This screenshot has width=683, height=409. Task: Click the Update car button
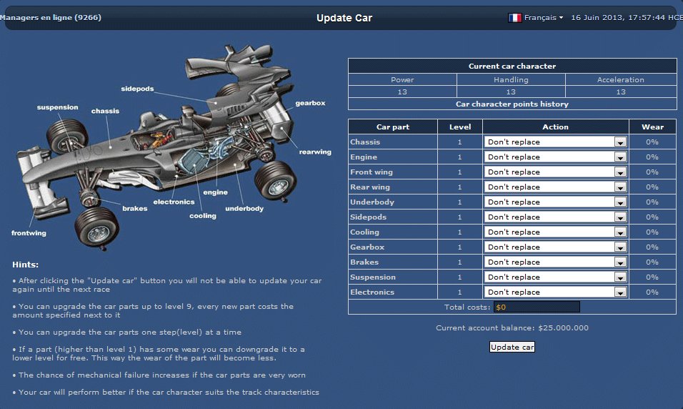point(512,347)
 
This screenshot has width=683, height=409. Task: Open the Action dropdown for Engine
point(555,157)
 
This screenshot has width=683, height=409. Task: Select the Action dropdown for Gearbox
point(555,247)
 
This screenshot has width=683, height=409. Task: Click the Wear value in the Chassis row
point(652,142)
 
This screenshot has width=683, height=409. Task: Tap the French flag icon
point(514,17)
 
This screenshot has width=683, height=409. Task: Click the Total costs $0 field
point(537,307)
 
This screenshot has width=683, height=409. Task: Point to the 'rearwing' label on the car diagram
point(315,152)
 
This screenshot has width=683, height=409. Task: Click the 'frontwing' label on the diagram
point(29,233)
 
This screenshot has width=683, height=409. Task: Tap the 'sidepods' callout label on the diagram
point(137,89)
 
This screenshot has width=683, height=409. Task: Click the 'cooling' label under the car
point(203,216)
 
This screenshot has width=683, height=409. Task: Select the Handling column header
point(511,79)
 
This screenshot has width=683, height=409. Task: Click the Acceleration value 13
point(621,92)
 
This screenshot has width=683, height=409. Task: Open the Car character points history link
point(512,104)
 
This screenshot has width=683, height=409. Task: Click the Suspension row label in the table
point(373,277)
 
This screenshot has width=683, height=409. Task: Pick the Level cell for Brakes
point(459,262)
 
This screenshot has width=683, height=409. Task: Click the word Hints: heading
point(25,265)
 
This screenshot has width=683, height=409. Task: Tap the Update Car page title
point(344,18)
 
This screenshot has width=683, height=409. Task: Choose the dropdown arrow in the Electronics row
point(620,292)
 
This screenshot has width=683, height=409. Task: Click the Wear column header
point(652,127)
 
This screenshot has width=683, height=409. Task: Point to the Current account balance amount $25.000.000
point(563,328)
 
